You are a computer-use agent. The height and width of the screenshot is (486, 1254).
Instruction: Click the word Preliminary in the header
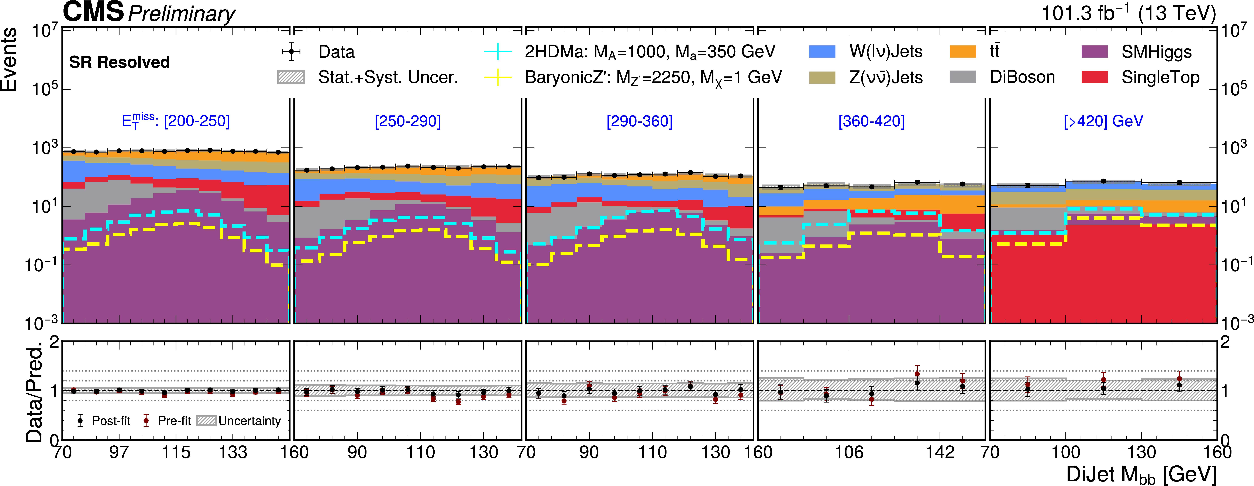click(x=182, y=14)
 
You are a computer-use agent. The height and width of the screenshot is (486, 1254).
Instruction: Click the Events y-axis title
click(x=10, y=59)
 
